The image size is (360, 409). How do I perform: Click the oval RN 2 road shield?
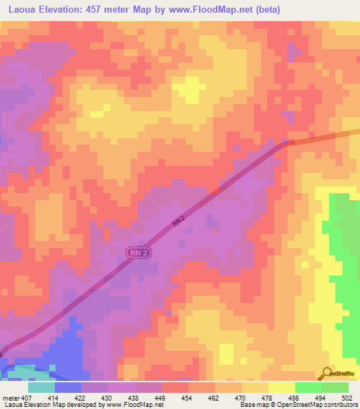[138, 252]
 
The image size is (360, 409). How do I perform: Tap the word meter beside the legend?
[10, 398]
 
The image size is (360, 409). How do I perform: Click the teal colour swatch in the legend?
[41, 387]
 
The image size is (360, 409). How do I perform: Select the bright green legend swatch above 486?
[308, 387]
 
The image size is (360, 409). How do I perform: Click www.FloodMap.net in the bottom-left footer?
[131, 405]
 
